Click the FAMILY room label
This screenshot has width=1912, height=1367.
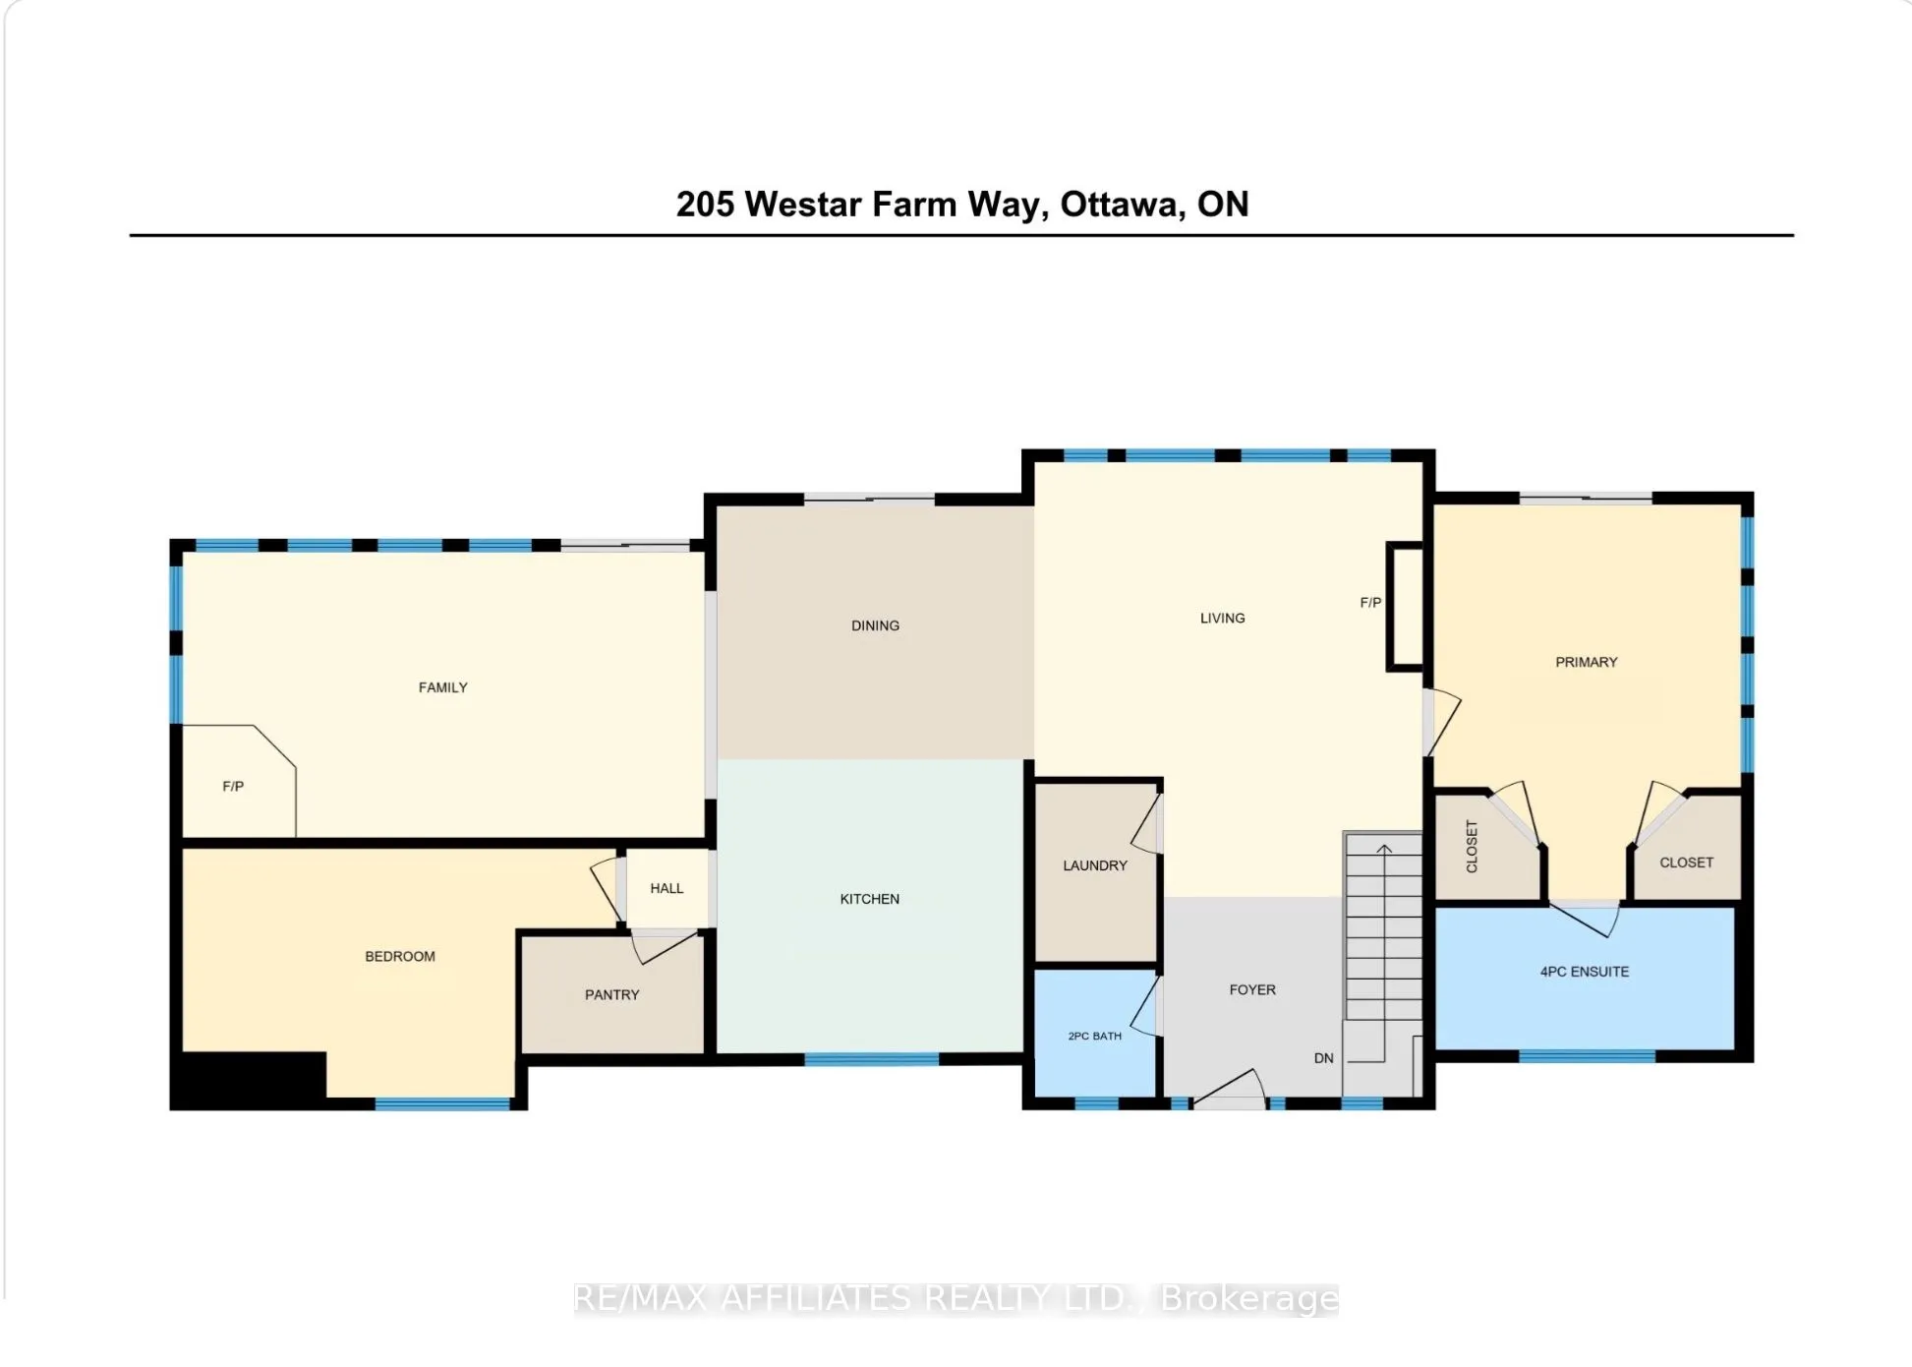pos(442,687)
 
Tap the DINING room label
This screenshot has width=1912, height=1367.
pos(875,625)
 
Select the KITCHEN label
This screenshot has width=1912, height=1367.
pos(869,899)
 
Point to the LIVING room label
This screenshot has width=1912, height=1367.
pos(1222,618)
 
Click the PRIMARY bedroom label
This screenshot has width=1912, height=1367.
pos(1586,662)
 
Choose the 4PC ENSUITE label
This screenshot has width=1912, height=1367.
pos(1584,972)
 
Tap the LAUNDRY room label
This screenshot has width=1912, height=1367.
pos(1094,865)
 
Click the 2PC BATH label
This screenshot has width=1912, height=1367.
pos(1094,1036)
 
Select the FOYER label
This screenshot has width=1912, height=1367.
pos(1252,989)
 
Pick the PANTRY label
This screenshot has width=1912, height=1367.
pos(611,994)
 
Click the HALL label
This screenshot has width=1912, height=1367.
pos(666,888)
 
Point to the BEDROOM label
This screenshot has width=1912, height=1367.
pos(399,956)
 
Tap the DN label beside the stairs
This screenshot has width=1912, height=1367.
pos(1323,1058)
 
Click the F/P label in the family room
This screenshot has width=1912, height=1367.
pos(233,786)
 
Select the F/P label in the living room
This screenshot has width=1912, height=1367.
pos(1370,602)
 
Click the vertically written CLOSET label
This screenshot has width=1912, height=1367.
pos(1472,847)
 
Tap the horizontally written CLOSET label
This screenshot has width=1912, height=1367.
pos(1686,862)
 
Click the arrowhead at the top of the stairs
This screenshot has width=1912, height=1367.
pos(1384,849)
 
